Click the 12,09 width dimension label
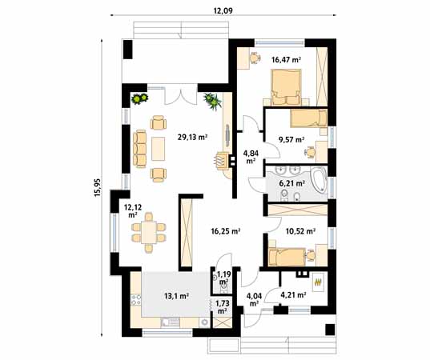tap(223, 10)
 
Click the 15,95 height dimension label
tap(98, 188)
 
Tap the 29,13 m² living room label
tap(192, 137)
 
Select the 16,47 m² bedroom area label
tap(286, 59)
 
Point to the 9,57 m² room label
tap(291, 140)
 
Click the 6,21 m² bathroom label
tap(292, 183)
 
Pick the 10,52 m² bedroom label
tap(300, 231)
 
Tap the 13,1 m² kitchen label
tap(176, 296)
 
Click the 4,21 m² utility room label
tap(293, 294)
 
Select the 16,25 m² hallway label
tap(226, 231)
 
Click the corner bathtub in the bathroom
tap(319, 178)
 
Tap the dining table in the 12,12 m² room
tap(149, 232)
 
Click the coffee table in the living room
tap(159, 149)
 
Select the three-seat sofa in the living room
tap(140, 149)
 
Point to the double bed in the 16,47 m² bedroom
tap(286, 87)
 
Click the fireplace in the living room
tap(222, 160)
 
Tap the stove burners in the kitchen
tap(136, 299)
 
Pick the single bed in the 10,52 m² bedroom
tap(287, 257)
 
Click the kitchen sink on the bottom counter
tap(170, 322)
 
